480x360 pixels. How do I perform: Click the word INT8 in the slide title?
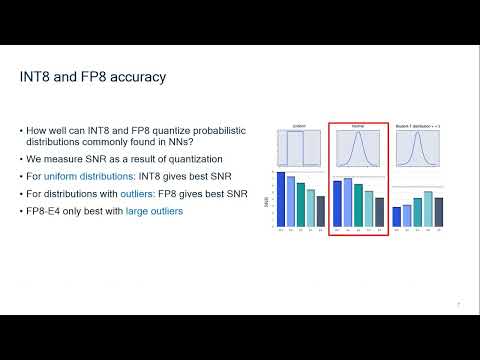click(x=38, y=76)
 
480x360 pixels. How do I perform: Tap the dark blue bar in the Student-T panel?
click(x=396, y=216)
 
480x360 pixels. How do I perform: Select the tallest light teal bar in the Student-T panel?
click(x=428, y=208)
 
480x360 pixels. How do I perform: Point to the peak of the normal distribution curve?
click(x=357, y=136)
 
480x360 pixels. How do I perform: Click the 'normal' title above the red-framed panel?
click(x=357, y=125)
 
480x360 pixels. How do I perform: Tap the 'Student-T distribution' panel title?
click(x=417, y=125)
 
